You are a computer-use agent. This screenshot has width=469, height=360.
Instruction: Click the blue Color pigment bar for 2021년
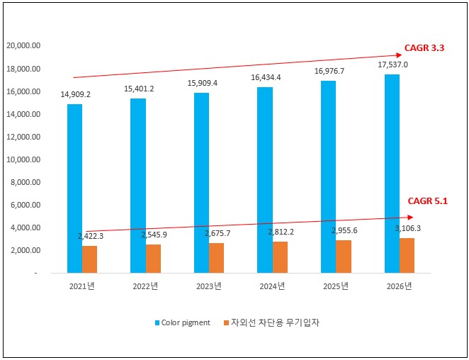[74, 189]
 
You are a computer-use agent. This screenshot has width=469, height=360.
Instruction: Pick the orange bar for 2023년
[216, 258]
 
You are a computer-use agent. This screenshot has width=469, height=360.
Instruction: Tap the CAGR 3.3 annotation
[424, 48]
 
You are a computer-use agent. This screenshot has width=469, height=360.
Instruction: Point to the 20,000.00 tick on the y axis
[23, 46]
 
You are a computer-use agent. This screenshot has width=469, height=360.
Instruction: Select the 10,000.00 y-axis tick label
[23, 159]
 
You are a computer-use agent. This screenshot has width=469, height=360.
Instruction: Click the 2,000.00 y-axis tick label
[26, 250]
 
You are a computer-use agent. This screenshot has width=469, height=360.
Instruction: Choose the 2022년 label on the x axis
[146, 286]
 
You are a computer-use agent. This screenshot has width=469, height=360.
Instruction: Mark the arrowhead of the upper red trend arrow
[399, 55]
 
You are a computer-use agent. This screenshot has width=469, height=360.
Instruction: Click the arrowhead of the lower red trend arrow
[409, 218]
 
